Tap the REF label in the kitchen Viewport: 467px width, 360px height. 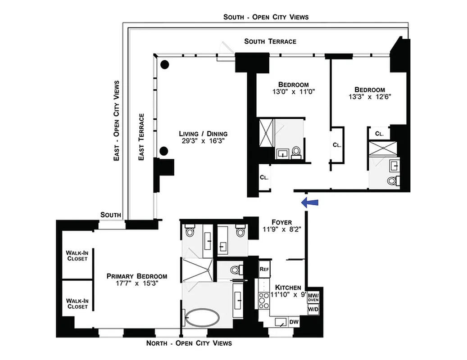click(x=264, y=269)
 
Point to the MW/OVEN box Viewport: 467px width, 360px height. click(x=313, y=297)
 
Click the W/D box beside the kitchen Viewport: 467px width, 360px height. click(x=313, y=310)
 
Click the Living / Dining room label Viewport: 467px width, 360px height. click(x=203, y=134)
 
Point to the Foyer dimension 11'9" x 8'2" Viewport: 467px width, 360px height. click(x=282, y=229)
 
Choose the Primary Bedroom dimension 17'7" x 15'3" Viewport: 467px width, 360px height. click(x=136, y=283)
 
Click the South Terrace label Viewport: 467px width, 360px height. click(x=270, y=41)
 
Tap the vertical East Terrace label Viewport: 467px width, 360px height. click(x=141, y=137)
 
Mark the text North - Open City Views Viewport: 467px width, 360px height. click(x=189, y=343)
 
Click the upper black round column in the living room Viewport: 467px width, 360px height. click(x=165, y=64)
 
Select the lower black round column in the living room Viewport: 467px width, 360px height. click(x=165, y=150)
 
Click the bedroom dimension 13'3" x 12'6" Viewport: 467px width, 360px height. click(x=369, y=96)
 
